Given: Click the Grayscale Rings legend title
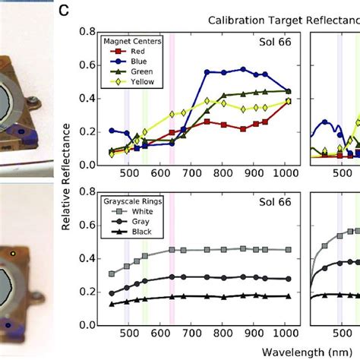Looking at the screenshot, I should click(134, 203).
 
